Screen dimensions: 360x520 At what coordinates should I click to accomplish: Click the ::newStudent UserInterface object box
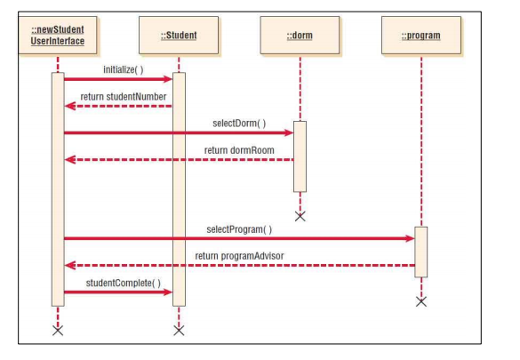(x=58, y=36)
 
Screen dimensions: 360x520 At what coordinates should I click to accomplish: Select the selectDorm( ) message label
(x=238, y=123)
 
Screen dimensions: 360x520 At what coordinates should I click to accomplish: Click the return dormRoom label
(x=239, y=150)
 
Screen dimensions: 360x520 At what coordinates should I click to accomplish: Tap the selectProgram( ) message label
(x=239, y=228)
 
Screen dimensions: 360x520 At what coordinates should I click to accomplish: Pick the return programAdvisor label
(x=239, y=256)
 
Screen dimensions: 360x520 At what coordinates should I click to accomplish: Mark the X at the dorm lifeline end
(x=300, y=216)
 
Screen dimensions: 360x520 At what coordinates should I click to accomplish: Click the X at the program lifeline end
(x=420, y=301)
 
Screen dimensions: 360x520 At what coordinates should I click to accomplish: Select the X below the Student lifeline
(x=179, y=331)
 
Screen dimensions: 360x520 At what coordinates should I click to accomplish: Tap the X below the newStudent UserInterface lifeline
(x=58, y=331)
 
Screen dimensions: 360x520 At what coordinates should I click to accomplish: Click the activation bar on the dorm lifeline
(x=300, y=156)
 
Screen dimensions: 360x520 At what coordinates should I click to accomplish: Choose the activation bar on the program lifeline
(x=420, y=252)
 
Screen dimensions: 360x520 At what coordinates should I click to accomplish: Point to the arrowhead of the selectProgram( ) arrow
(x=409, y=238)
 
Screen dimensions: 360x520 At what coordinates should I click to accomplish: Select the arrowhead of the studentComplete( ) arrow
(x=167, y=292)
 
